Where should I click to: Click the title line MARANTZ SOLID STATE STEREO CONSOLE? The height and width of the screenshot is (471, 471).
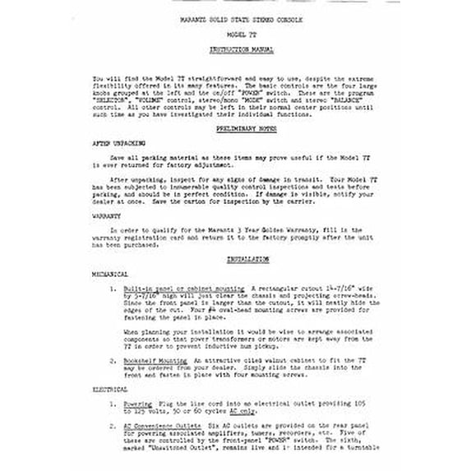[234, 17]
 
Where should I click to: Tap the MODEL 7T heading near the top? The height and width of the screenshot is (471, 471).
[234, 34]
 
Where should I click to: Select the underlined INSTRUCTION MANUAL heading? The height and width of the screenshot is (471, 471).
[234, 49]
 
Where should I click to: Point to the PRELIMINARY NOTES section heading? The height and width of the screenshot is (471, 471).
[234, 129]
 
